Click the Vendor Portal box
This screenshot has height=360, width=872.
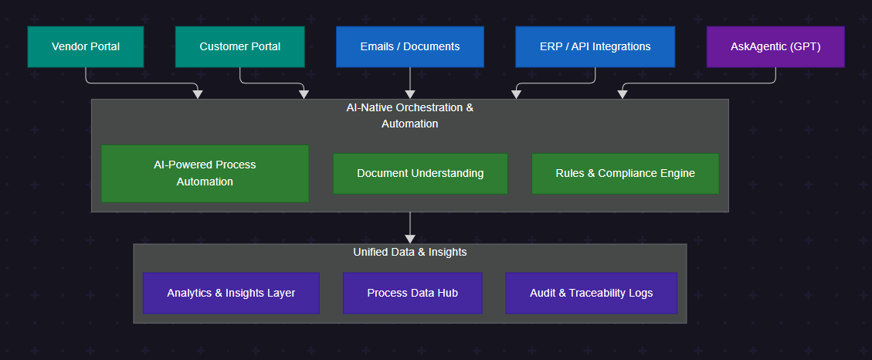point(86,47)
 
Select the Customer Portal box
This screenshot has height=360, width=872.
point(239,47)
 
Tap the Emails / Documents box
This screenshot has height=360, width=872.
point(409,47)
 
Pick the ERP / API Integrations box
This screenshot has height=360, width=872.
point(595,47)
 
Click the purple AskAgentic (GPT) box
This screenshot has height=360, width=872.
point(775,47)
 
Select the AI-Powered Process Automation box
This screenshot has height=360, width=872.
point(205,174)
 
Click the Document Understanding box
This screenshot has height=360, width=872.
point(420,174)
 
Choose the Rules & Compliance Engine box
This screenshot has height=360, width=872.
point(625,174)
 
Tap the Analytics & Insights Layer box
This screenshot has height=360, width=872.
point(231,294)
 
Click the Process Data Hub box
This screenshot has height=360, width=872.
point(412,294)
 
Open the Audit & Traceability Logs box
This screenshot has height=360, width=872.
point(591,294)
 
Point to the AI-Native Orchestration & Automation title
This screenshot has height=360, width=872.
point(409,116)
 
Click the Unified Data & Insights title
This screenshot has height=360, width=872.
point(409,253)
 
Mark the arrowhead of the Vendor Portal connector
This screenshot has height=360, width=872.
point(198,94)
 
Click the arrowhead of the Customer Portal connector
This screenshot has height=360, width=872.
point(304,94)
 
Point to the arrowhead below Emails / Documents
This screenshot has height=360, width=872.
point(410,94)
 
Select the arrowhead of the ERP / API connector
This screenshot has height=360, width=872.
point(517,94)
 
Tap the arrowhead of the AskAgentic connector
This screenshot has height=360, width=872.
point(623,94)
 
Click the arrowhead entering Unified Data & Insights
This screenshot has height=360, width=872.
point(410,239)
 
